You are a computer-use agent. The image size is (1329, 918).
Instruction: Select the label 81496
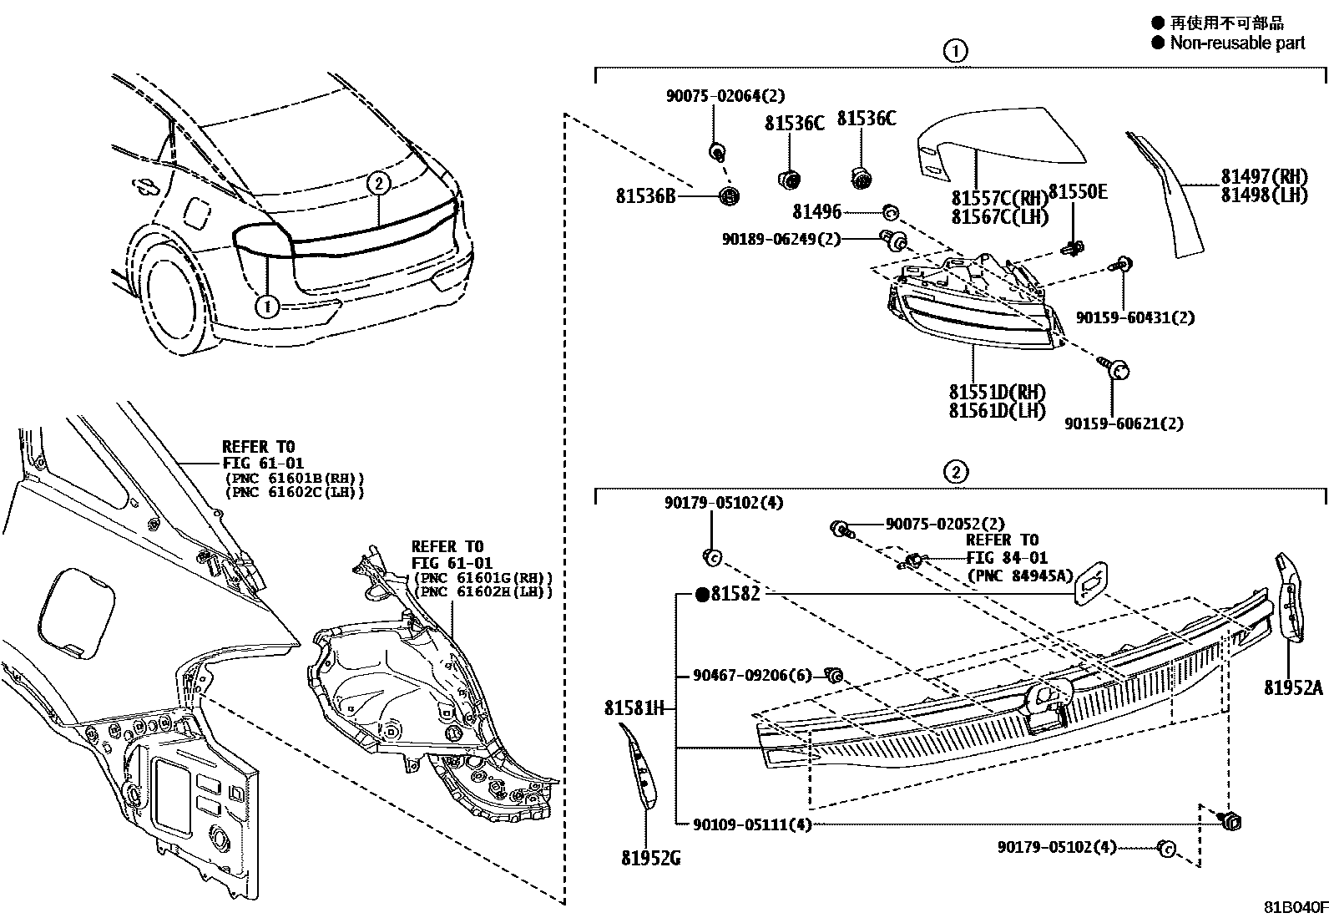(x=816, y=212)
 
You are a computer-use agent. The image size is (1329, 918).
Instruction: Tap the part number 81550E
(x=1077, y=192)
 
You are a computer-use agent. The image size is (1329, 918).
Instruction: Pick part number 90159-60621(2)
(x=1124, y=423)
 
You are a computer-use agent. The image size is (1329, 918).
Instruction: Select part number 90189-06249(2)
(x=781, y=240)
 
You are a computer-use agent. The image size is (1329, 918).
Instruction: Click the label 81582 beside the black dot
(x=735, y=595)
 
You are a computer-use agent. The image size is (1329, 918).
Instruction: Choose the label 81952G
(x=650, y=858)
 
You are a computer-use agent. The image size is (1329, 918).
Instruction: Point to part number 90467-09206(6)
(x=751, y=675)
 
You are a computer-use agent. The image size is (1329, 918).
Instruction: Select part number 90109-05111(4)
(x=751, y=824)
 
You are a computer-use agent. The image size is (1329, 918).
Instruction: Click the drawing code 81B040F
(x=1294, y=907)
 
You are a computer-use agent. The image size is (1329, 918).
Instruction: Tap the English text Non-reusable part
(x=1237, y=43)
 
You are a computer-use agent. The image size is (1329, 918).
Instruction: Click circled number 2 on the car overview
(x=378, y=183)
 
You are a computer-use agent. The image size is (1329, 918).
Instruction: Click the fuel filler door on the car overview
(x=197, y=212)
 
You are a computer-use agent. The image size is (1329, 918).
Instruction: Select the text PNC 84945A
(x=1019, y=576)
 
